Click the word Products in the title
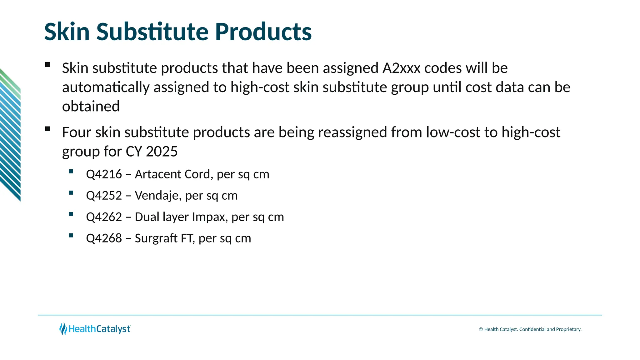tap(263, 32)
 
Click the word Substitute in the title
tap(152, 32)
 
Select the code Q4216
tap(104, 174)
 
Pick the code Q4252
tap(104, 196)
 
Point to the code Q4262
tap(104, 217)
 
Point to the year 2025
tap(162, 152)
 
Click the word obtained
tap(91, 107)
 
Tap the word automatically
tap(106, 87)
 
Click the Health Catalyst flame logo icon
tap(63, 329)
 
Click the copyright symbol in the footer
tap(481, 329)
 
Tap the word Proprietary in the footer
tap(568, 329)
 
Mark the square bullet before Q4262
tap(71, 214)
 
